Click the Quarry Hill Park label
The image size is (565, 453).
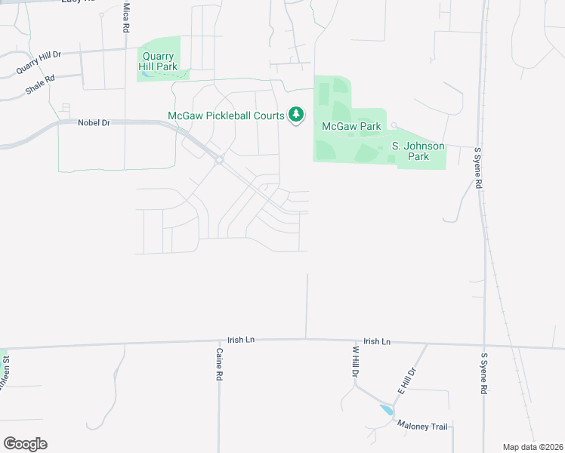pos(157,61)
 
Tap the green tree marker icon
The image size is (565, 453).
pos(297,116)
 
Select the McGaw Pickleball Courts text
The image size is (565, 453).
pos(225,116)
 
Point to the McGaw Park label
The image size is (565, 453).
pos(351,127)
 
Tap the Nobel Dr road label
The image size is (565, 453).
pos(94,122)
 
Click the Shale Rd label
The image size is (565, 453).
pos(40,83)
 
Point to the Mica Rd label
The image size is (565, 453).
pos(125,17)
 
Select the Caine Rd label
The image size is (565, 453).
pos(219,363)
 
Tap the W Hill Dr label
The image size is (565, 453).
pos(354,364)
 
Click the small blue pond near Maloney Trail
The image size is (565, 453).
pos(387,411)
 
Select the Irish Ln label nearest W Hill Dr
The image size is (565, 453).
pos(376,342)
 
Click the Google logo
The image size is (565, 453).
pos(25,444)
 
